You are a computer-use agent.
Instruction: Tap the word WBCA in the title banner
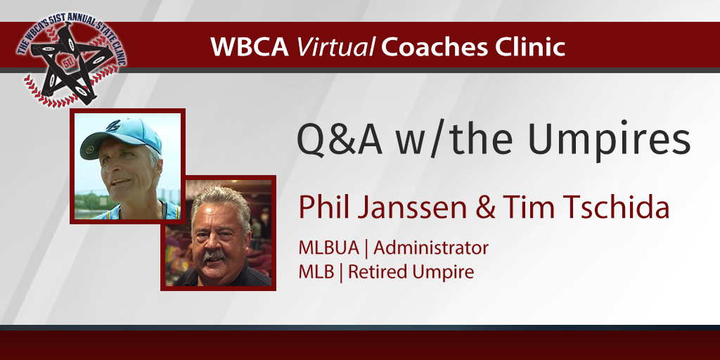tap(250, 48)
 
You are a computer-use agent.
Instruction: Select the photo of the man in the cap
tap(127, 166)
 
